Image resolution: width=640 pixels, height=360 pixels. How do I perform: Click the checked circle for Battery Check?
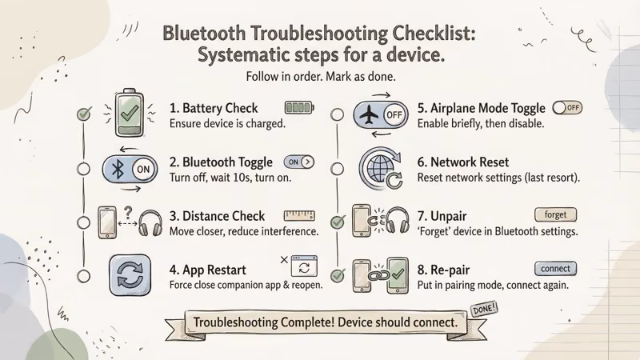pyautogui.click(x=84, y=114)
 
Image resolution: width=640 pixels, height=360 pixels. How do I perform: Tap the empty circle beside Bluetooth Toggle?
pyautogui.click(x=84, y=169)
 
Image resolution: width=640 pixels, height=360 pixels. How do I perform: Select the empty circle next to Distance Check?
pyautogui.click(x=84, y=223)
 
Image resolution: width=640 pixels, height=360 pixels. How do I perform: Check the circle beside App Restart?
pyautogui.click(x=84, y=276)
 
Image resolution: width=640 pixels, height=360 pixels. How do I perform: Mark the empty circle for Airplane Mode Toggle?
pyautogui.click(x=337, y=114)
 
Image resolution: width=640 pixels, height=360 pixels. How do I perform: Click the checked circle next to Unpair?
pyautogui.click(x=338, y=222)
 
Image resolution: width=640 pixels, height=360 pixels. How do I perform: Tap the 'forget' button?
pyautogui.click(x=555, y=214)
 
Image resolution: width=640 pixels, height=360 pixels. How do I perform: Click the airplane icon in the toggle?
pyautogui.click(x=369, y=115)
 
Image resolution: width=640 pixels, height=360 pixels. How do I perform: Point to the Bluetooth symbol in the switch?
pyautogui.click(x=118, y=169)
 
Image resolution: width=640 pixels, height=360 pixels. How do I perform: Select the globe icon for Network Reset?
pyautogui.click(x=378, y=168)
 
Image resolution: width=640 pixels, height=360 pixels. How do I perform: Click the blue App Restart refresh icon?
pyautogui.click(x=130, y=274)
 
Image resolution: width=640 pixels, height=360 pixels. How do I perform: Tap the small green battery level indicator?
pyautogui.click(x=299, y=108)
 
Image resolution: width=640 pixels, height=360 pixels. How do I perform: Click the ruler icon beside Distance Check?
pyautogui.click(x=299, y=215)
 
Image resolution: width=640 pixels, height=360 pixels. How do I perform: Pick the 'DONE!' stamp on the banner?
pyautogui.click(x=484, y=309)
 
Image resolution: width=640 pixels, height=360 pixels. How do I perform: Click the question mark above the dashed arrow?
pyautogui.click(x=128, y=212)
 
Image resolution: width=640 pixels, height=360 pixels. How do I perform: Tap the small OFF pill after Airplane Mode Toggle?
pyautogui.click(x=567, y=108)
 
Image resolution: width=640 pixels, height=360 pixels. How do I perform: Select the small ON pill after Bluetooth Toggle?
pyautogui.click(x=299, y=162)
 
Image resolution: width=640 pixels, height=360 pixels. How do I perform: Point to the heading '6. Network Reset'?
pyautogui.click(x=463, y=162)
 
